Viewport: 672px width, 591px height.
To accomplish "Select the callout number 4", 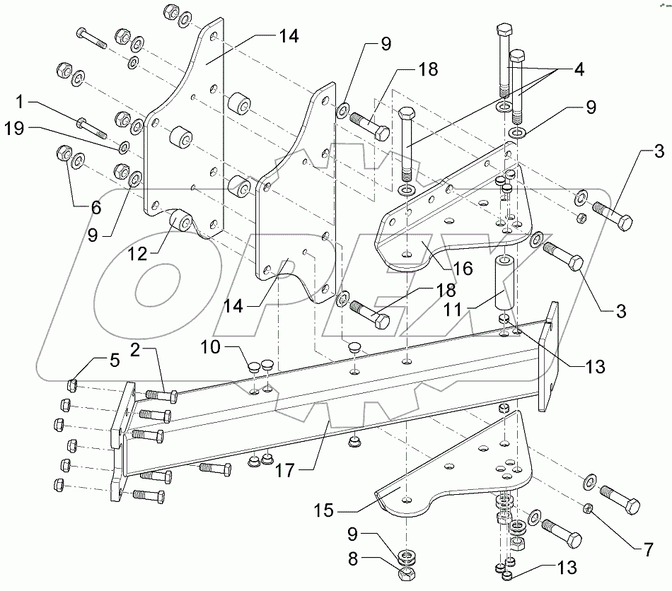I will pyautogui.click(x=578, y=71).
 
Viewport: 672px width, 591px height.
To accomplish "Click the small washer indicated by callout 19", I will pyautogui.click(x=124, y=146).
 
